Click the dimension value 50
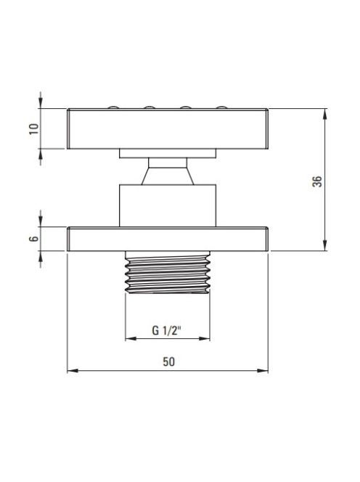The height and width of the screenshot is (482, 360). [x=168, y=361]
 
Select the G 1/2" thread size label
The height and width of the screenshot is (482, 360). [x=167, y=330]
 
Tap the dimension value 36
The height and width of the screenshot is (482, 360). [x=317, y=181]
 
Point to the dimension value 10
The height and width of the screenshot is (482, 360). [x=34, y=128]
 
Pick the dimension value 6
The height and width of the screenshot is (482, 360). [x=34, y=239]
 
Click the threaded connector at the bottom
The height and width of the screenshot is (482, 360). [x=168, y=272]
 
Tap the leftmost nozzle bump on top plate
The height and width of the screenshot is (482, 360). [x=113, y=107]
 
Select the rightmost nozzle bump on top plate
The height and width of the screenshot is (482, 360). [x=221, y=107]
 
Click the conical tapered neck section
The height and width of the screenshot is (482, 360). [x=168, y=176]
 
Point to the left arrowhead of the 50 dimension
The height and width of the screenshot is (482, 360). [x=73, y=371]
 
